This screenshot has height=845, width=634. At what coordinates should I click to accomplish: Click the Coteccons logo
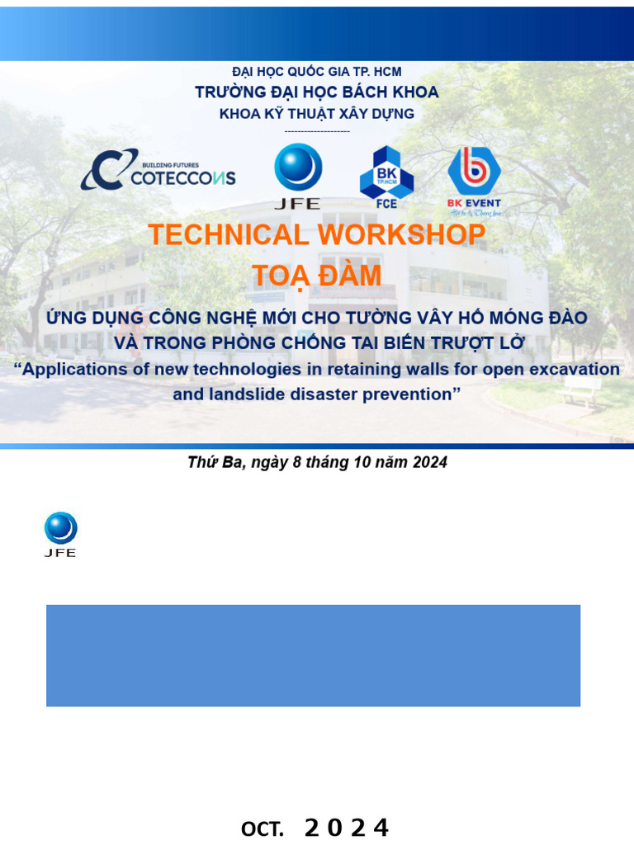click(x=158, y=170)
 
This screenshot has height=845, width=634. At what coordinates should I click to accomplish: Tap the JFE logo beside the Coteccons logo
click(x=297, y=177)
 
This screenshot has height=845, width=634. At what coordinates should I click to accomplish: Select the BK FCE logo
click(x=386, y=177)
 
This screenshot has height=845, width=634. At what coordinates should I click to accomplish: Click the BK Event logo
click(x=474, y=181)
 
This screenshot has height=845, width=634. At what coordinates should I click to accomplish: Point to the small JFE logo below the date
click(x=60, y=535)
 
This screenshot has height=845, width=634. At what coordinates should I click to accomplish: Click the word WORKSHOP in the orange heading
click(x=402, y=234)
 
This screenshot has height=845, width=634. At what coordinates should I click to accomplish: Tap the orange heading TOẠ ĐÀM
click(x=317, y=276)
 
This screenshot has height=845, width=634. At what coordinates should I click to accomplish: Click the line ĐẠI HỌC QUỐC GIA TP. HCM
click(x=317, y=72)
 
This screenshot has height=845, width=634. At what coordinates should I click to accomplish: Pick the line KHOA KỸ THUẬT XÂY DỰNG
click(x=317, y=114)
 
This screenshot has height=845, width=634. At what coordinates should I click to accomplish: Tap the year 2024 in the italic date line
click(x=430, y=462)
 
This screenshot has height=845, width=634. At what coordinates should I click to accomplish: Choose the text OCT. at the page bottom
click(x=263, y=828)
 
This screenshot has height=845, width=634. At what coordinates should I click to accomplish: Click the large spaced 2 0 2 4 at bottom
click(x=347, y=828)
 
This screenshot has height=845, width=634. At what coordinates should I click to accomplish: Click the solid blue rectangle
click(x=313, y=655)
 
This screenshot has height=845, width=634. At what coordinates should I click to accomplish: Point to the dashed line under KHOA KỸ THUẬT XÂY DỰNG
click(x=317, y=131)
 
